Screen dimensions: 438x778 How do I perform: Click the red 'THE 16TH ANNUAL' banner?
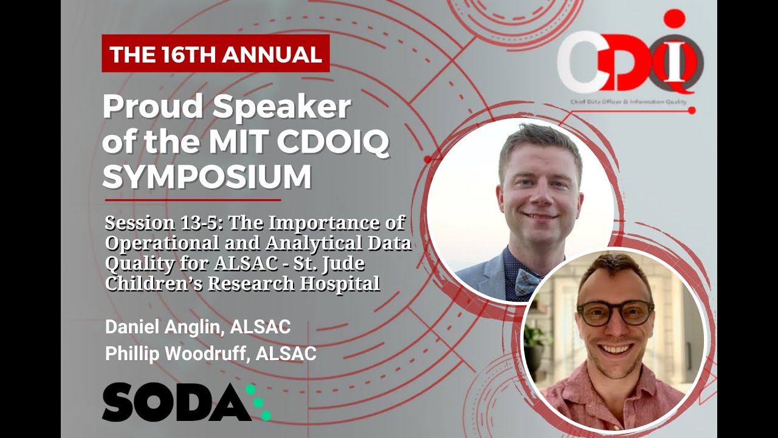click(215, 54)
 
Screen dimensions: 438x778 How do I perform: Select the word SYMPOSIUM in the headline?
click(207, 177)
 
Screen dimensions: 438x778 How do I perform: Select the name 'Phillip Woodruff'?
click(177, 354)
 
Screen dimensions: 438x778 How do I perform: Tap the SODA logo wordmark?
click(176, 403)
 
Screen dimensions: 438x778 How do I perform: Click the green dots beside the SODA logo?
click(258, 403)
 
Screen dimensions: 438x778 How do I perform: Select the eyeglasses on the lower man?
click(614, 313)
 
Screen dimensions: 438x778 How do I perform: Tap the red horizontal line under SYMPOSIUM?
click(193, 200)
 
